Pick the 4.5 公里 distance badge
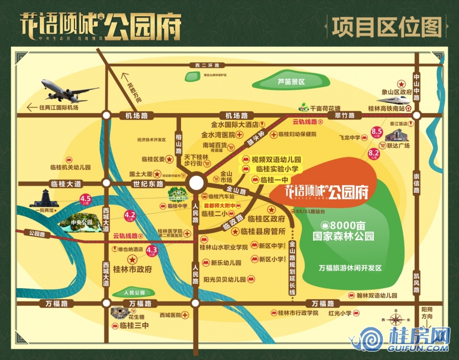(85, 199)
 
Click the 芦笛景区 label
(291, 82)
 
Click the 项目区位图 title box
(386, 27)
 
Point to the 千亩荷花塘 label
(325, 108)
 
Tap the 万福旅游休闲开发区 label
(350, 268)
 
